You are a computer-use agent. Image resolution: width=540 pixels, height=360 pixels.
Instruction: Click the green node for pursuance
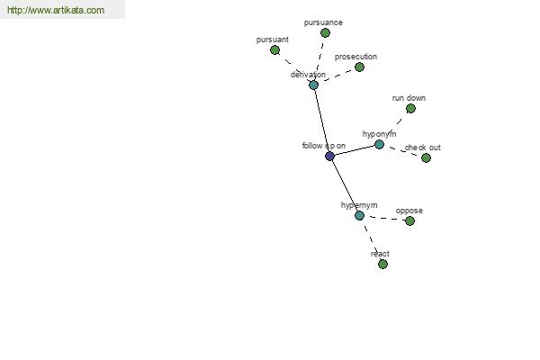tap(325, 33)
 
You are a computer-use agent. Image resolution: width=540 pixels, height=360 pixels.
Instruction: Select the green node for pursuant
tap(274, 50)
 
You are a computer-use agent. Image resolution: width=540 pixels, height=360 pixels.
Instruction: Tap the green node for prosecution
tap(359, 67)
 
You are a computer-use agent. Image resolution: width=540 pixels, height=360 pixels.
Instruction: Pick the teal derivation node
tap(313, 85)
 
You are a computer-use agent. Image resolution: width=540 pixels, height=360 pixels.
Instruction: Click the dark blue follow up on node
tap(329, 157)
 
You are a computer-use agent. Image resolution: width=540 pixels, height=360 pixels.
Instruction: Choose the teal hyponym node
tap(379, 145)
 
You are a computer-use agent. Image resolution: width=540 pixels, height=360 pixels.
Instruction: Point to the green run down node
tap(410, 109)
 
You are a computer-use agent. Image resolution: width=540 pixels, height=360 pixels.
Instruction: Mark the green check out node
tap(426, 158)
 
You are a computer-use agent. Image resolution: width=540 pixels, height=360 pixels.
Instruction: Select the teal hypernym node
tap(359, 216)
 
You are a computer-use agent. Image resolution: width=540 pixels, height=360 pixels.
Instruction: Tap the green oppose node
tap(409, 221)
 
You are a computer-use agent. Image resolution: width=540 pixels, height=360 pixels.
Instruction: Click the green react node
tap(382, 265)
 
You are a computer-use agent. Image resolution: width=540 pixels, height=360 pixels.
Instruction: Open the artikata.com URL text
tap(56, 10)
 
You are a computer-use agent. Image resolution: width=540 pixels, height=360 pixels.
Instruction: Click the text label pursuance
tap(323, 22)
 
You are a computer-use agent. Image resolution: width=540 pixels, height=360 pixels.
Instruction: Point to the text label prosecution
tap(355, 57)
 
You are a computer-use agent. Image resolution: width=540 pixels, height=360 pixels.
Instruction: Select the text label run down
tap(409, 98)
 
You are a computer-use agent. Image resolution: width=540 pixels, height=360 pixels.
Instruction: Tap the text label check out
tap(423, 148)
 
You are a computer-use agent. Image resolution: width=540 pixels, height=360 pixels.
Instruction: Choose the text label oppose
tap(409, 211)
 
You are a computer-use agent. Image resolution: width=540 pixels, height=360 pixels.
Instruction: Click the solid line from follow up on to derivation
tap(321, 121)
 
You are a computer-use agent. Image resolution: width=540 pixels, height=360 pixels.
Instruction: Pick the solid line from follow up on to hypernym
tap(345, 186)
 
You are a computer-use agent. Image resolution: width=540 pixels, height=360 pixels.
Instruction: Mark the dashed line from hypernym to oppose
tap(384, 218)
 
